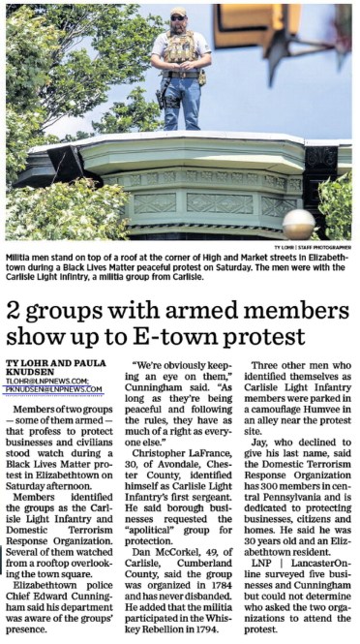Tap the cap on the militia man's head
(180, 13)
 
